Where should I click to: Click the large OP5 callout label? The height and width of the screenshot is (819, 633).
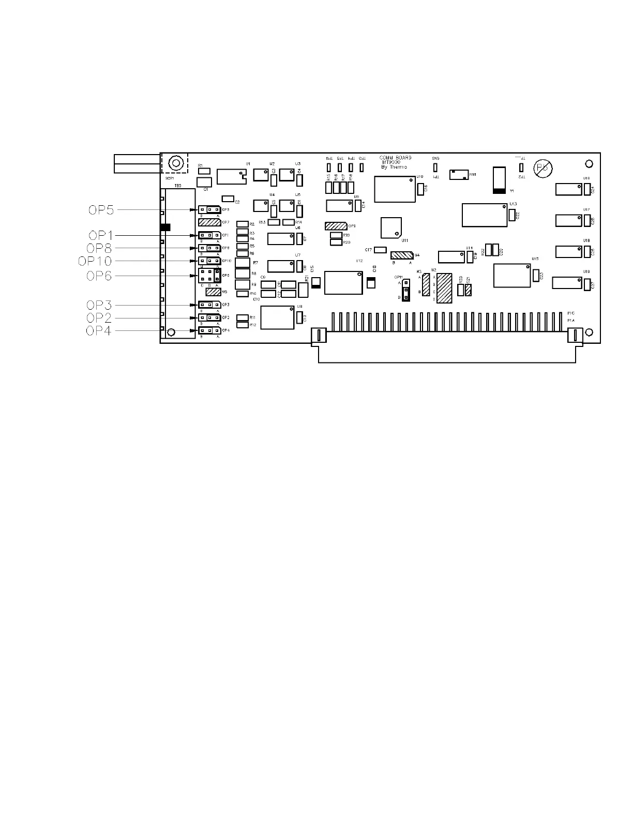[x=100, y=210]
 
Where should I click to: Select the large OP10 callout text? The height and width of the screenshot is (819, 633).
[x=95, y=262]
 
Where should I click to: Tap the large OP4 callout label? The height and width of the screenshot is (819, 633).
[x=99, y=331]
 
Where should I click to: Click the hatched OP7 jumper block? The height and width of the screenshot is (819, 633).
[x=209, y=223]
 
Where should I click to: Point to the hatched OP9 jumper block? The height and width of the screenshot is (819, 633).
[x=336, y=226]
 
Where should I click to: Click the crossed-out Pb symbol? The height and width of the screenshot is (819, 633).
[x=543, y=169]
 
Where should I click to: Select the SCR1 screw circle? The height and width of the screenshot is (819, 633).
[x=175, y=163]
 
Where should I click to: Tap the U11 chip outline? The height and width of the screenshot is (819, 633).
[x=391, y=228]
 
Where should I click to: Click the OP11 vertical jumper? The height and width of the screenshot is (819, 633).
[x=406, y=290]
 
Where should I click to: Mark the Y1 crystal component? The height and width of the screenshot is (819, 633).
[x=499, y=180]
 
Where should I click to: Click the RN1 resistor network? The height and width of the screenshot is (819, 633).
[x=459, y=174]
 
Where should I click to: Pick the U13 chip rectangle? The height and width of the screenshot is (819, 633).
[x=485, y=215]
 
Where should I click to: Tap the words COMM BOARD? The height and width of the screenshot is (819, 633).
[x=396, y=158]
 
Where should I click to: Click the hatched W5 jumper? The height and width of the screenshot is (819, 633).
[x=213, y=292]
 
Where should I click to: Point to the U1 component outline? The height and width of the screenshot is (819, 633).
[x=231, y=176]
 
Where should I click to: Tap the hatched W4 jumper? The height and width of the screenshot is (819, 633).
[x=402, y=255]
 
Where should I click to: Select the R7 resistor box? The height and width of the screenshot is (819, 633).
[x=242, y=263]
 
